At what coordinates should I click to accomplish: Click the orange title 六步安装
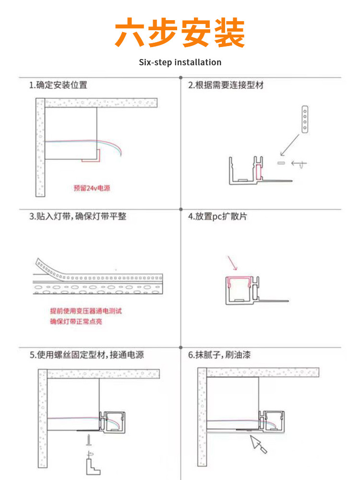pos(180,33)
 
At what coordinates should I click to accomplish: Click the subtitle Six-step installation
pos(180,62)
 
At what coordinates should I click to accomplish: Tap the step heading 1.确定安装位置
pos(58,85)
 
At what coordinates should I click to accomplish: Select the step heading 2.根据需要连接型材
pos(226,85)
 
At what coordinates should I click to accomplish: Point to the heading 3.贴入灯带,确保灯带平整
pos(78,216)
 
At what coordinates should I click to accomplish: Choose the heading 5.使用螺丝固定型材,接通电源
pos(86,355)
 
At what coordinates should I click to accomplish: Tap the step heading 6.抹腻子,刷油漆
pos(219,355)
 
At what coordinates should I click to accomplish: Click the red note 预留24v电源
pos(92,188)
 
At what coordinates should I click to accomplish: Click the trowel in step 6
pos(258,444)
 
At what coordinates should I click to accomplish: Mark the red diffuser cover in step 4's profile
pos(240,280)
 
